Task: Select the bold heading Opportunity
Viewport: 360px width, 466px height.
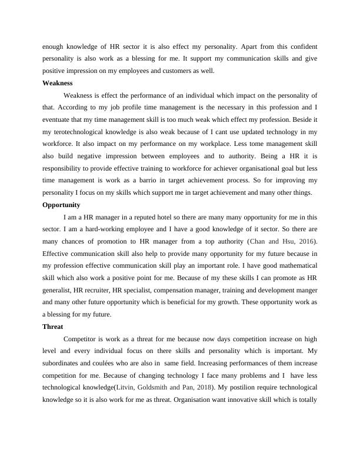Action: coord(61,205)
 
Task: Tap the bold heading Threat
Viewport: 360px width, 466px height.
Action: coord(53,326)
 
